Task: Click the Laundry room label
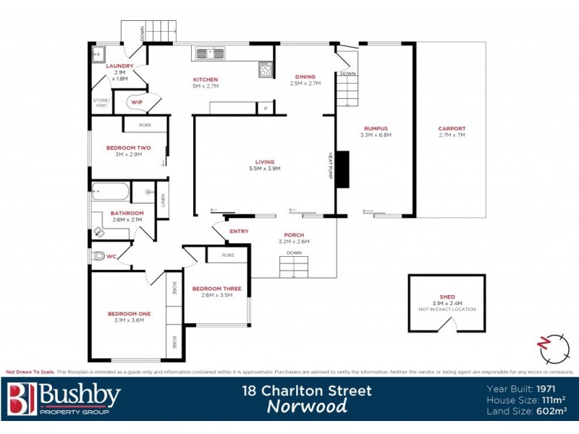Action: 120,66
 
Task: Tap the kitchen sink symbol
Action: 211,52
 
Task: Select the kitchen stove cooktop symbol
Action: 266,69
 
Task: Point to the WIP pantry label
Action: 137,103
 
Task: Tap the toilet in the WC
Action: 99,256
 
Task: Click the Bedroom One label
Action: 129,313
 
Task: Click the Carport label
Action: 452,129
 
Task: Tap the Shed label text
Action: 447,297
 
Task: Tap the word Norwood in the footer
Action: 307,406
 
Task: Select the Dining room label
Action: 305,77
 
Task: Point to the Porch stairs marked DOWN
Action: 294,267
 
